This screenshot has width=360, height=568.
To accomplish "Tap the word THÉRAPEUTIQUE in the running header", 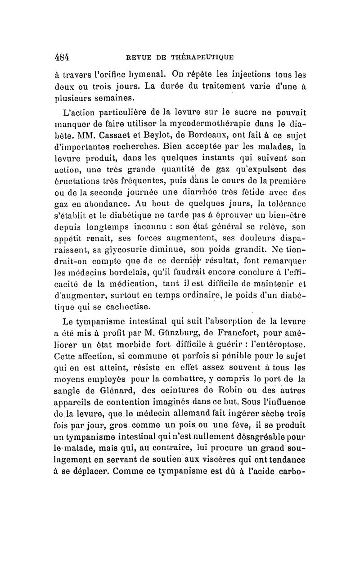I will [202, 57].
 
